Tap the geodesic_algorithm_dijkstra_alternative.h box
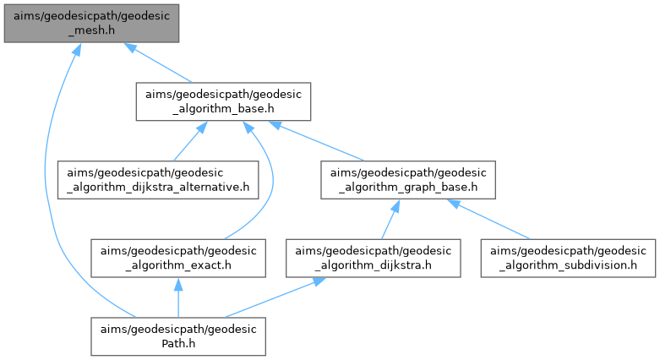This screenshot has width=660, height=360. [x=158, y=177]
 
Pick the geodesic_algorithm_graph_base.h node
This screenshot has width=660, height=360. [x=406, y=177]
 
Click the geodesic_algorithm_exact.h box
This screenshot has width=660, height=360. [x=179, y=258]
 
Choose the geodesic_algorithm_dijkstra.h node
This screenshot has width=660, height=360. [x=373, y=258]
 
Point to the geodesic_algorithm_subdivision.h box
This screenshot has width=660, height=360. [x=568, y=258]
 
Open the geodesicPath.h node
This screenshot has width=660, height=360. [x=179, y=335]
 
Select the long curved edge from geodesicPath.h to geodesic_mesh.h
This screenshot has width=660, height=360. [x=57, y=211]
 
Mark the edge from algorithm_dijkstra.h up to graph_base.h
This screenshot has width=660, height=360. [x=387, y=218]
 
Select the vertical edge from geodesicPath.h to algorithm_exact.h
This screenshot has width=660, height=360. [x=179, y=297]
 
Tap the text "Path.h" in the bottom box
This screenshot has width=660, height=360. [x=179, y=344]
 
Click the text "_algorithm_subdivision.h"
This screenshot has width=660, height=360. [x=568, y=265]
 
